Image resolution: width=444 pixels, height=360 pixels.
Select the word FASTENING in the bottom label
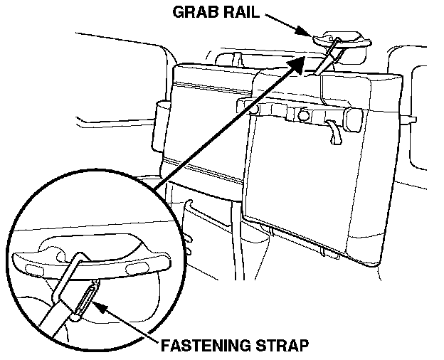point(205,346)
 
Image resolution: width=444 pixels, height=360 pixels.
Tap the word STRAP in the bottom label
point(279,346)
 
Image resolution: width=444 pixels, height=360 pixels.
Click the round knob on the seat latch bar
point(303,114)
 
